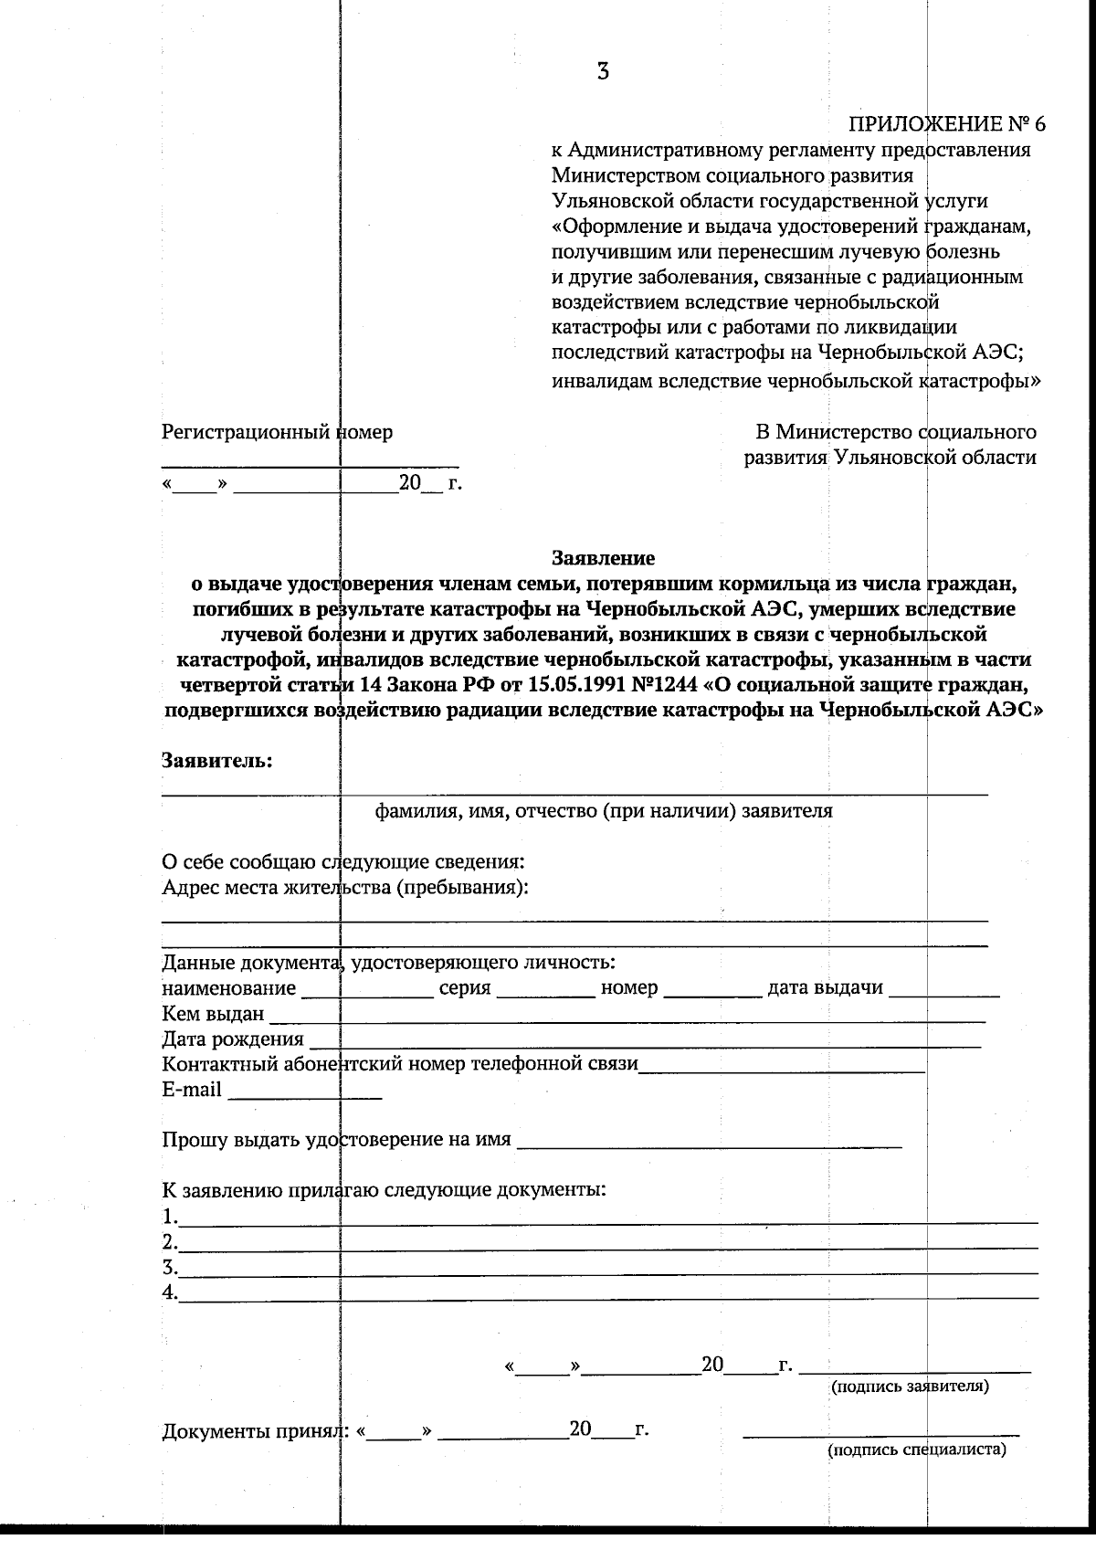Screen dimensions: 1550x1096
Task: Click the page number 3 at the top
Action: click(x=603, y=71)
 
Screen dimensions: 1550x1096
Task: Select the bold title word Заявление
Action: click(x=603, y=557)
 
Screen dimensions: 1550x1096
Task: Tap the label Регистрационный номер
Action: click(x=277, y=432)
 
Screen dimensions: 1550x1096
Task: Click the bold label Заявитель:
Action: click(x=217, y=760)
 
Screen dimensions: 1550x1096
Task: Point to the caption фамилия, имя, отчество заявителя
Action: click(x=604, y=810)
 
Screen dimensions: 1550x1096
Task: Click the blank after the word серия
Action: click(x=545, y=990)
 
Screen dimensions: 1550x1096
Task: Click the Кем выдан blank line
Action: click(x=627, y=1016)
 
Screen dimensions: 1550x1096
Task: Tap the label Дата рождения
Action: click(x=233, y=1039)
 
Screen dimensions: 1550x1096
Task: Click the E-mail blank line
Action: click(x=304, y=1091)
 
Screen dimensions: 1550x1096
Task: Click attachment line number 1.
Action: click(x=607, y=1218)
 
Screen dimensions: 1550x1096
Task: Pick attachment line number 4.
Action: click(x=607, y=1294)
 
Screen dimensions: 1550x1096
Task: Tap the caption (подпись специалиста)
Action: click(x=916, y=1450)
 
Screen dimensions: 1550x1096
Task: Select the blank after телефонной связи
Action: click(x=781, y=1066)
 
